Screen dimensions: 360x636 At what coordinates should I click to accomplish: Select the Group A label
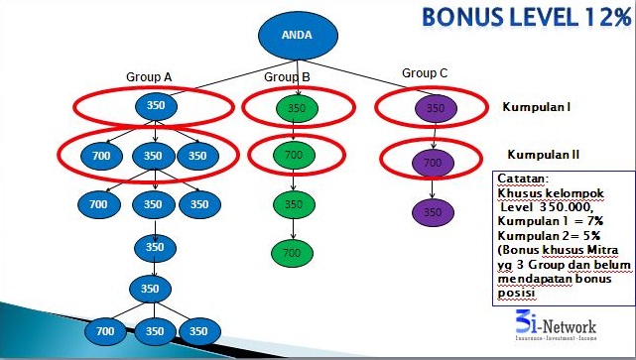click(149, 76)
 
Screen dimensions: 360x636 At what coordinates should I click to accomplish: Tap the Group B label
click(287, 76)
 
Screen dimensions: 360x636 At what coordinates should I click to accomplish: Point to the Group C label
click(425, 72)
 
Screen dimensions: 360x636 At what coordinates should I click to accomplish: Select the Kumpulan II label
click(536, 155)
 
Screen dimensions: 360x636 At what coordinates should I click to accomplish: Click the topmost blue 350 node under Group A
click(154, 106)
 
